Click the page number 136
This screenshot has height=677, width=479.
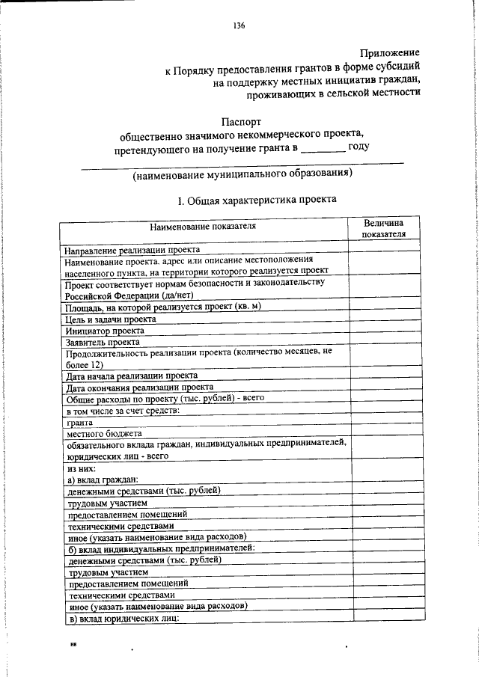[239, 25]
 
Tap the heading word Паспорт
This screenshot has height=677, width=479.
[242, 120]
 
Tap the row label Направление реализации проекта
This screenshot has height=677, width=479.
[132, 250]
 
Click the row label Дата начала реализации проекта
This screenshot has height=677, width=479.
[132, 376]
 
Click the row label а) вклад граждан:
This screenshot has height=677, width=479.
[104, 480]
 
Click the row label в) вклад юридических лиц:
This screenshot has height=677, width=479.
[124, 617]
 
